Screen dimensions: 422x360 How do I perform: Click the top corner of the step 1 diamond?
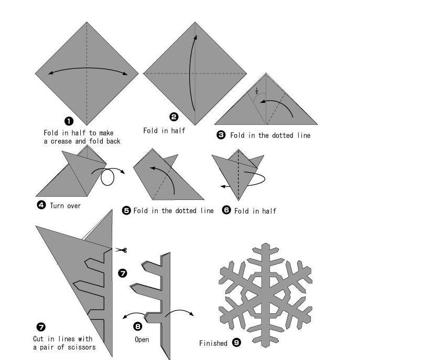[86, 22]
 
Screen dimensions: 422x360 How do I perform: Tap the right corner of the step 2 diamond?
[246, 73]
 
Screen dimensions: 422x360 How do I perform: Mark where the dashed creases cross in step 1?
[86, 73]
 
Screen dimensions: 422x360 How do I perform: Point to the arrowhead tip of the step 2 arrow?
[196, 35]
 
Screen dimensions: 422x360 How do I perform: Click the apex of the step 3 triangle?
[266, 73]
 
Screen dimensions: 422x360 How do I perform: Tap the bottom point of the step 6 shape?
[239, 200]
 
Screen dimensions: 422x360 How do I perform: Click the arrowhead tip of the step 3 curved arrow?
[260, 102]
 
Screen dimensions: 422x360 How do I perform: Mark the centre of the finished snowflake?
[266, 295]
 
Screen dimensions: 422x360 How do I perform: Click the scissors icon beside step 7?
[121, 250]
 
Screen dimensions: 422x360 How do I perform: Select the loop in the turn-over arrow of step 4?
[107, 177]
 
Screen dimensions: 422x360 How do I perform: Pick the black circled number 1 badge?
[69, 121]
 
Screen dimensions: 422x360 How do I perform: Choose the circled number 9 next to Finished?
[236, 343]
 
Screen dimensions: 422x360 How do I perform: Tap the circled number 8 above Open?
[137, 326]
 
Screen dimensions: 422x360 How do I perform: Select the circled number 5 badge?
[126, 210]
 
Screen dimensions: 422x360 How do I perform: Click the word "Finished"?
[213, 343]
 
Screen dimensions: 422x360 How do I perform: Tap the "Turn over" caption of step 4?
[66, 206]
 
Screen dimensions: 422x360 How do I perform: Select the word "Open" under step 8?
[142, 340]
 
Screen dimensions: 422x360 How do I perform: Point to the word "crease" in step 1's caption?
[61, 141]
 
